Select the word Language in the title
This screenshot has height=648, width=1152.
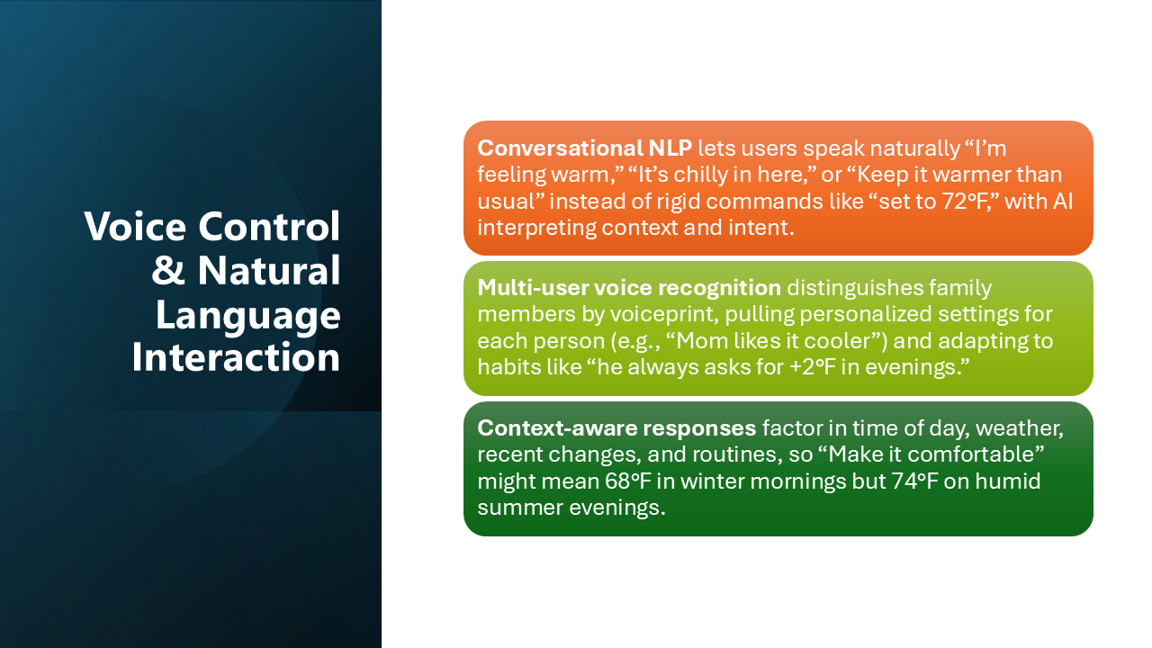pyautogui.click(x=248, y=315)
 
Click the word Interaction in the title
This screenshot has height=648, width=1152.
pyautogui.click(x=236, y=357)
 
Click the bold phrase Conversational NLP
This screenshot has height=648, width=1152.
pyautogui.click(x=584, y=148)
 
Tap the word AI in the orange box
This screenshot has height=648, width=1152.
pyautogui.click(x=1063, y=201)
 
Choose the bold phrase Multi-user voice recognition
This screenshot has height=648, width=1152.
pyautogui.click(x=629, y=288)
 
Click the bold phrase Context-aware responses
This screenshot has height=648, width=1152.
pyautogui.click(x=616, y=428)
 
